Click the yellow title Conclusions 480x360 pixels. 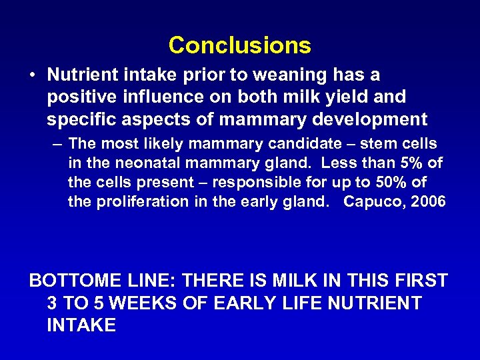pyautogui.click(x=239, y=45)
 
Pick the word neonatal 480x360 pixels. pyautogui.click(x=145, y=163)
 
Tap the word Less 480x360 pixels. pyautogui.click(x=344, y=163)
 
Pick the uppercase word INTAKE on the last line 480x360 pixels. pyautogui.click(x=81, y=325)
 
